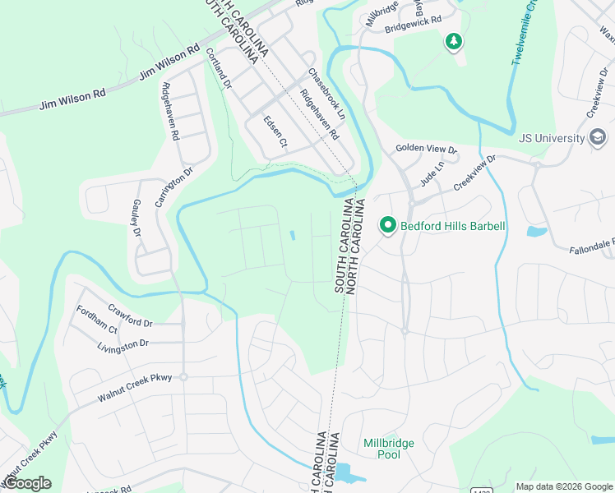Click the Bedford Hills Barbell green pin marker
387,224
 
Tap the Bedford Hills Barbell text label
452,226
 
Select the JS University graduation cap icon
599,137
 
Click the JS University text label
552,138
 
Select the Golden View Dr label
425,149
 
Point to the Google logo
27,483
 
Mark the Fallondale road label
591,245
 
